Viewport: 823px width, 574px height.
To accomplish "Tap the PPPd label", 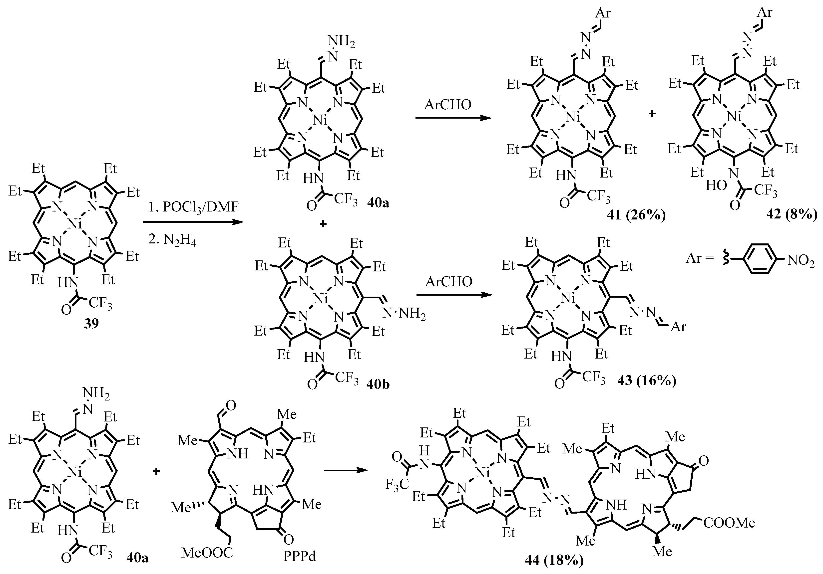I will click(300, 556).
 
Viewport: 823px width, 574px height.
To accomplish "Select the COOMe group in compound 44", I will click(729, 523).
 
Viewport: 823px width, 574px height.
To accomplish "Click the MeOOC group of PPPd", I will click(207, 553).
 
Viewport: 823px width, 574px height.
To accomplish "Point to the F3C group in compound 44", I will click(397, 484).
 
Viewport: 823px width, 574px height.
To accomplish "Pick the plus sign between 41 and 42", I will click(652, 114).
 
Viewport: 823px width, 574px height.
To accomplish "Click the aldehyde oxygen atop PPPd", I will click(231, 406).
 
